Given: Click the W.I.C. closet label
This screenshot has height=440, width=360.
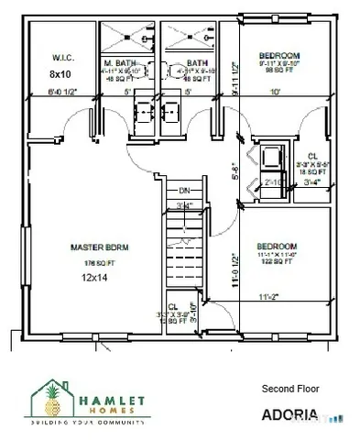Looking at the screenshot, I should (x=61, y=57).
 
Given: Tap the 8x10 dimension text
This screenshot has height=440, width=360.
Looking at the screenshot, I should (x=60, y=73).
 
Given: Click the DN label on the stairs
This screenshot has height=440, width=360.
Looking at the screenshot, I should (x=184, y=190).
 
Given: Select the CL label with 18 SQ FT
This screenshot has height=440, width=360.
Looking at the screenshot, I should (x=312, y=157).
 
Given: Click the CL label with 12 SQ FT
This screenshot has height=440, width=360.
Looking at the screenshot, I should (x=173, y=307).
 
